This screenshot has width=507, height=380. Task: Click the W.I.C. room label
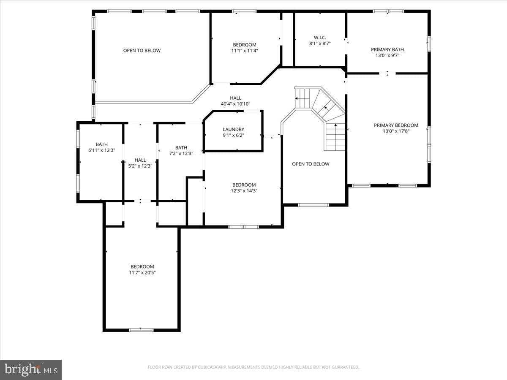pyautogui.click(x=320, y=38)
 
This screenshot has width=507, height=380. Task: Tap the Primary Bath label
pyautogui.click(x=387, y=49)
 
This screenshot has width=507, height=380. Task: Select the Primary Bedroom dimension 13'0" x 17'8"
pyautogui.click(x=396, y=131)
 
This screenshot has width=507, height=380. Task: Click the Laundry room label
pyautogui.click(x=233, y=130)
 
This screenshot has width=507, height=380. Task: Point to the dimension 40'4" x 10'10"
pyautogui.click(x=235, y=104)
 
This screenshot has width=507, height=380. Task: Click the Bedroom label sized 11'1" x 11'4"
pyautogui.click(x=244, y=45)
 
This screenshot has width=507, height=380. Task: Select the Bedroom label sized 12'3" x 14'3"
pyautogui.click(x=244, y=185)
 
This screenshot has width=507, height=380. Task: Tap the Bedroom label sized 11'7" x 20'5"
pyautogui.click(x=142, y=266)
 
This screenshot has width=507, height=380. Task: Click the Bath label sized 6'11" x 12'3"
pyautogui.click(x=101, y=144)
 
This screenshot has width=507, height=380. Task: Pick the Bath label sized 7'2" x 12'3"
pyautogui.click(x=181, y=147)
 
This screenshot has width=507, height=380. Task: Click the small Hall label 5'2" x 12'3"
pyautogui.click(x=140, y=160)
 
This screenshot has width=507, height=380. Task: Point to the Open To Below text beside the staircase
pyautogui.click(x=311, y=164)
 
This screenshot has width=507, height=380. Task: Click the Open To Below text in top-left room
pyautogui.click(x=142, y=51)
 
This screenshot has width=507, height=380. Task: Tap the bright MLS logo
pyautogui.click(x=31, y=369)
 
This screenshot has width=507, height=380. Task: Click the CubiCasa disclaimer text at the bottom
pyautogui.click(x=253, y=367)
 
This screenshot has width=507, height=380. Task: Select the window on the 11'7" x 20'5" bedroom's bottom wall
pyautogui.click(x=141, y=330)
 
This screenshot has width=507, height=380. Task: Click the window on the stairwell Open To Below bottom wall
pyautogui.click(x=313, y=205)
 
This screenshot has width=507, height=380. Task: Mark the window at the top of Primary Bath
pyautogui.click(x=388, y=11)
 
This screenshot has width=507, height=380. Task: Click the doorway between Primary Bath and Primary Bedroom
pyautogui.click(x=387, y=73)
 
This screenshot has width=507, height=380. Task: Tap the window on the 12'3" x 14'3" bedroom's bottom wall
pyautogui.click(x=244, y=227)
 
